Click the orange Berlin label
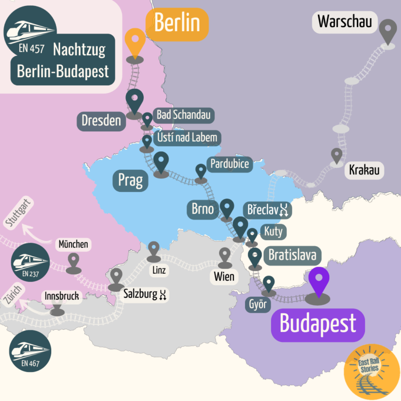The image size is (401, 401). point(176,23)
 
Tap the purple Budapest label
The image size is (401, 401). point(318,323)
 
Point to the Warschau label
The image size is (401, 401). point(344,22)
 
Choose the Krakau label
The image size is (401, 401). point(364,171)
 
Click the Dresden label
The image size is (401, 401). point(101,120)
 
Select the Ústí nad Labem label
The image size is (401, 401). point(187,137)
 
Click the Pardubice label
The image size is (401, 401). point(230,164)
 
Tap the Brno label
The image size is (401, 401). point(203,209)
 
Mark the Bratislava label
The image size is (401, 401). point(292,256)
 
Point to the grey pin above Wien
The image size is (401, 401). point(224,257)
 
